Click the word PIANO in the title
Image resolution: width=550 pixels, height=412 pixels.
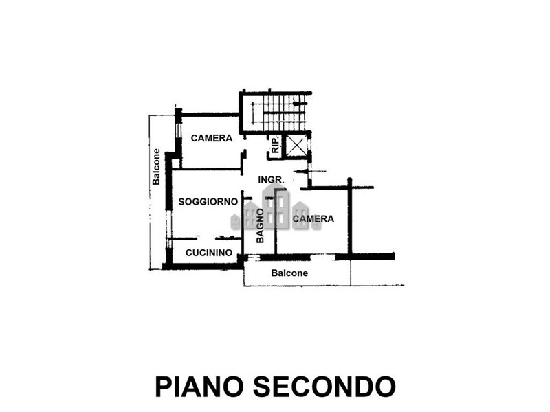pyautogui.click(x=199, y=387)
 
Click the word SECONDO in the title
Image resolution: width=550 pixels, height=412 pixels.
pyautogui.click(x=324, y=387)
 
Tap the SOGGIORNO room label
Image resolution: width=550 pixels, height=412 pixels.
pyautogui.click(x=208, y=202)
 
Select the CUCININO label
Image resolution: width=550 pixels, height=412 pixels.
pyautogui.click(x=209, y=253)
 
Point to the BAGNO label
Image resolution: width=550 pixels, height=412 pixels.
pyautogui.click(x=260, y=226)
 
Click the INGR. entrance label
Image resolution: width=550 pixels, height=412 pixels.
pyautogui.click(x=271, y=180)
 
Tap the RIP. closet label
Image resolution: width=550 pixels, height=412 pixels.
pyautogui.click(x=276, y=144)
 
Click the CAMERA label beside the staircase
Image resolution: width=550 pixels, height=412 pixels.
pyautogui.click(x=212, y=138)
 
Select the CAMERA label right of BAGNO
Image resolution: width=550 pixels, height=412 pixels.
pyautogui.click(x=313, y=218)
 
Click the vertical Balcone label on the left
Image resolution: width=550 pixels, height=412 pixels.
pyautogui.click(x=156, y=167)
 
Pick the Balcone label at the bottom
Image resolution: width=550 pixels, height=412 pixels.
pyautogui.click(x=289, y=273)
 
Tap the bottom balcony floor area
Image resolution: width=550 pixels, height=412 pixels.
pyautogui.click(x=297, y=273)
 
